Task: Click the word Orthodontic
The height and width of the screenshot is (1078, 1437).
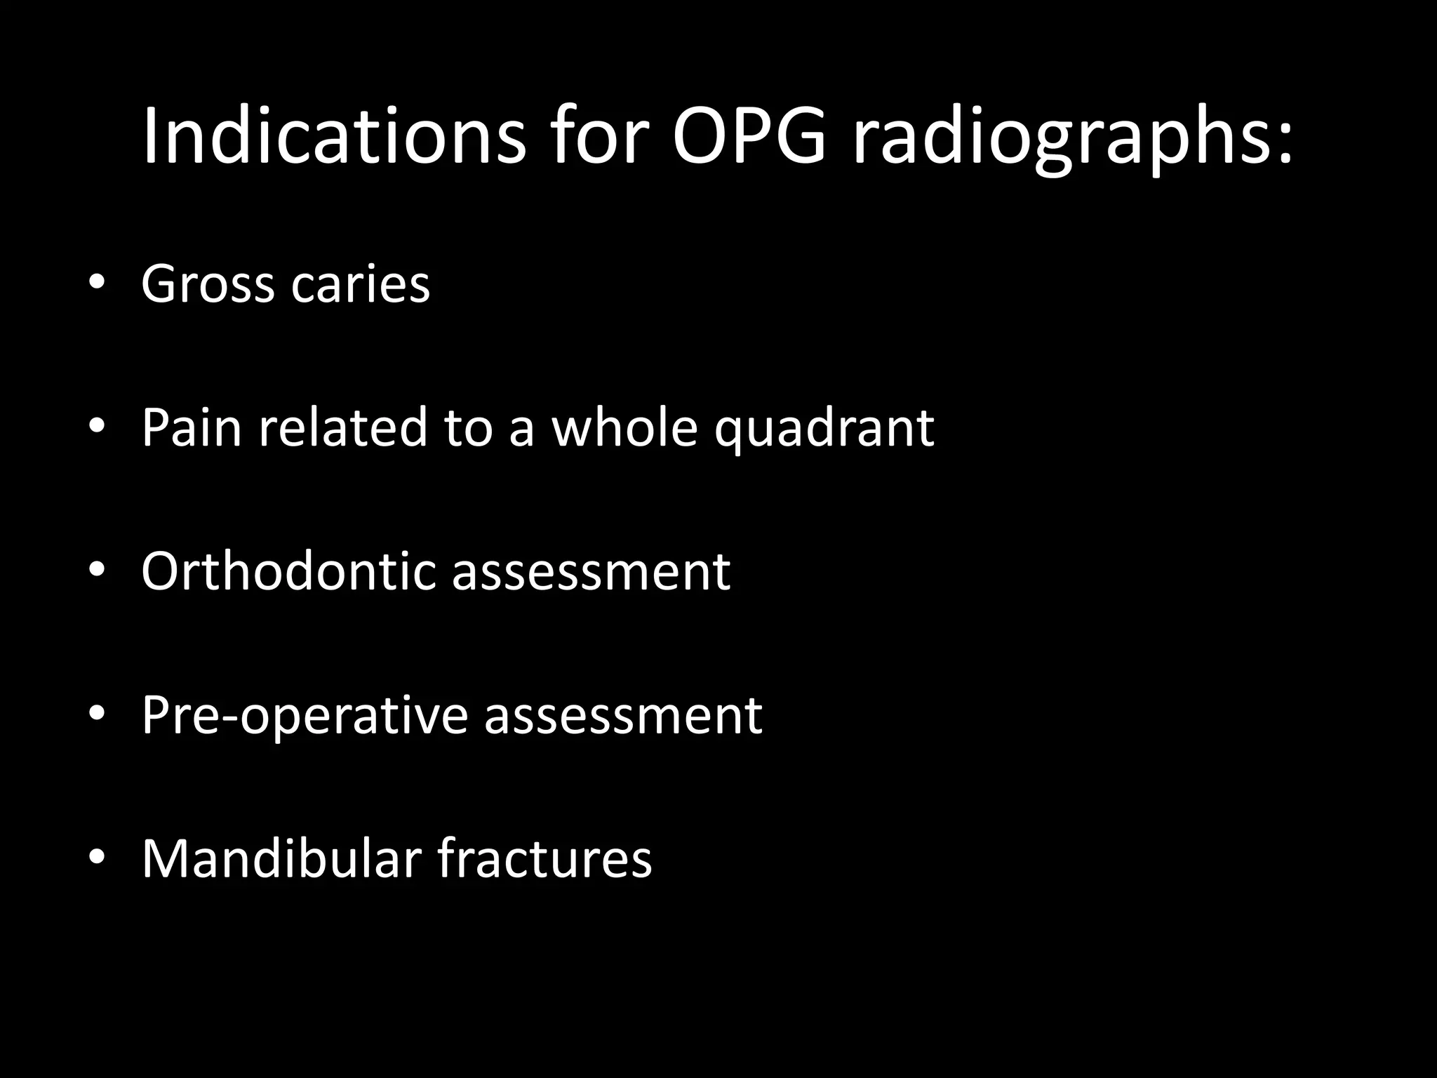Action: (289, 571)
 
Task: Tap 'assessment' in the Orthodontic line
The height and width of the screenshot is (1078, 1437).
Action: (591, 572)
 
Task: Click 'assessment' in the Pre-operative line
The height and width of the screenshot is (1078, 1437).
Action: (623, 716)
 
